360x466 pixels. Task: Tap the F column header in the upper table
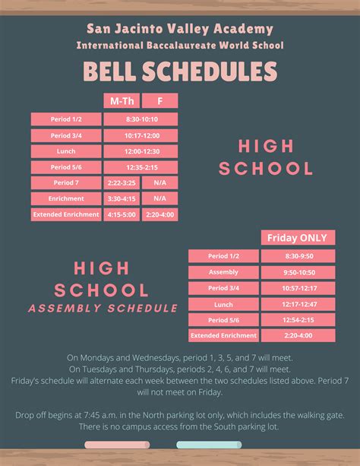pos(159,100)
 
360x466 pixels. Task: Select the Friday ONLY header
pos(292,238)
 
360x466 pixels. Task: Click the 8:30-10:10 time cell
pos(141,119)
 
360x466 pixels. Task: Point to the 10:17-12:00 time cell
pos(141,135)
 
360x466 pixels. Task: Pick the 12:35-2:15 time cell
pos(141,167)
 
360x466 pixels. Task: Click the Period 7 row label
pos(66,183)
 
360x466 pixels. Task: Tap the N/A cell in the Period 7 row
pos(159,183)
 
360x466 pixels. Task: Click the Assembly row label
pos(223,272)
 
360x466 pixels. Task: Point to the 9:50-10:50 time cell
pos(292,272)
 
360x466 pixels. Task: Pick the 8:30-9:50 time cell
pos(292,256)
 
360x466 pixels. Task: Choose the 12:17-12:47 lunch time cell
pos(292,304)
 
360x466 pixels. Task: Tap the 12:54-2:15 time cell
pos(292,320)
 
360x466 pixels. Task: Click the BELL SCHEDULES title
pos(180,72)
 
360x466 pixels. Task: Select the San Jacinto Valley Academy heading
pos(180,30)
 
